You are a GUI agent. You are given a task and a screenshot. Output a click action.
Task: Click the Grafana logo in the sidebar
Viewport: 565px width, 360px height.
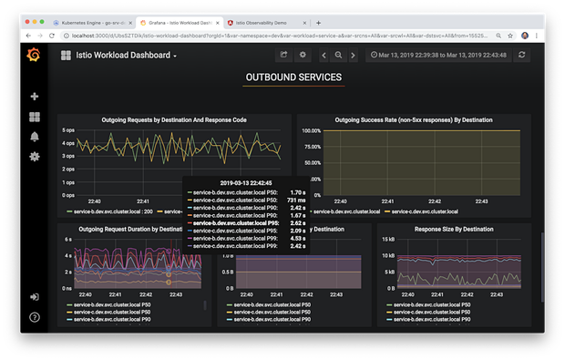click(34, 55)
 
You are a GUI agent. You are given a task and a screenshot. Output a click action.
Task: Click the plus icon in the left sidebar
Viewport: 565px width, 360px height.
click(35, 97)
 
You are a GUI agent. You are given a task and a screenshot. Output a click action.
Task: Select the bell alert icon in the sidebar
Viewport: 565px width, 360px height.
click(35, 137)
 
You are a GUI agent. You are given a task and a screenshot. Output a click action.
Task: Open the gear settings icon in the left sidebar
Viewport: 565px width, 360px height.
click(35, 157)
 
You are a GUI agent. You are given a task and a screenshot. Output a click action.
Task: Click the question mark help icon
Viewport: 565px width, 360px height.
click(35, 317)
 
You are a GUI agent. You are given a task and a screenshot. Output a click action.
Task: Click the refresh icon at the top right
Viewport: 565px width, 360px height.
click(522, 55)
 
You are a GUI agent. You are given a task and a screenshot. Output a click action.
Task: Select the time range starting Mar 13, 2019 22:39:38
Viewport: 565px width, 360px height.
click(439, 55)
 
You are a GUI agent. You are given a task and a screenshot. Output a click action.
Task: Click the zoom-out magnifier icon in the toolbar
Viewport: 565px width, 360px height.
click(337, 55)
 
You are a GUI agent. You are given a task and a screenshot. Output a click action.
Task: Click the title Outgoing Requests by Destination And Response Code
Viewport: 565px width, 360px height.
click(174, 119)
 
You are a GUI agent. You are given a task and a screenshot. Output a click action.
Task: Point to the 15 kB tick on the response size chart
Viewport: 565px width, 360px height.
click(387, 241)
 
